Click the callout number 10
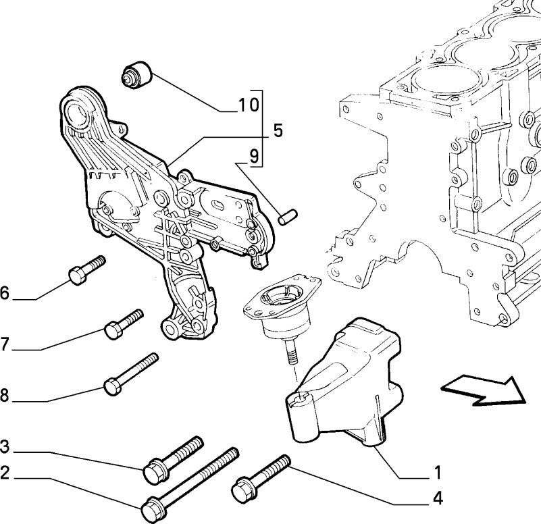pos(249,105)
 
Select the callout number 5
pos(278,131)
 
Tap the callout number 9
pos(254,157)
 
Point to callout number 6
pos(4,293)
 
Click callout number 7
pos(4,344)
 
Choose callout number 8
pos(4,395)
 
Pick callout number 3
pos(4,446)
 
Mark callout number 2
pos(4,472)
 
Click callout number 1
pos(438,472)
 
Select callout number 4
pos(438,498)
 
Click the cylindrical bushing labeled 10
pos(137,75)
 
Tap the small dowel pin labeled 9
pos(288,217)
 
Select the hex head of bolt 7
pos(113,330)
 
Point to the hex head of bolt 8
pos(113,386)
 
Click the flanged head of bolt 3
pos(155,471)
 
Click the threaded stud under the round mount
pos(292,350)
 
